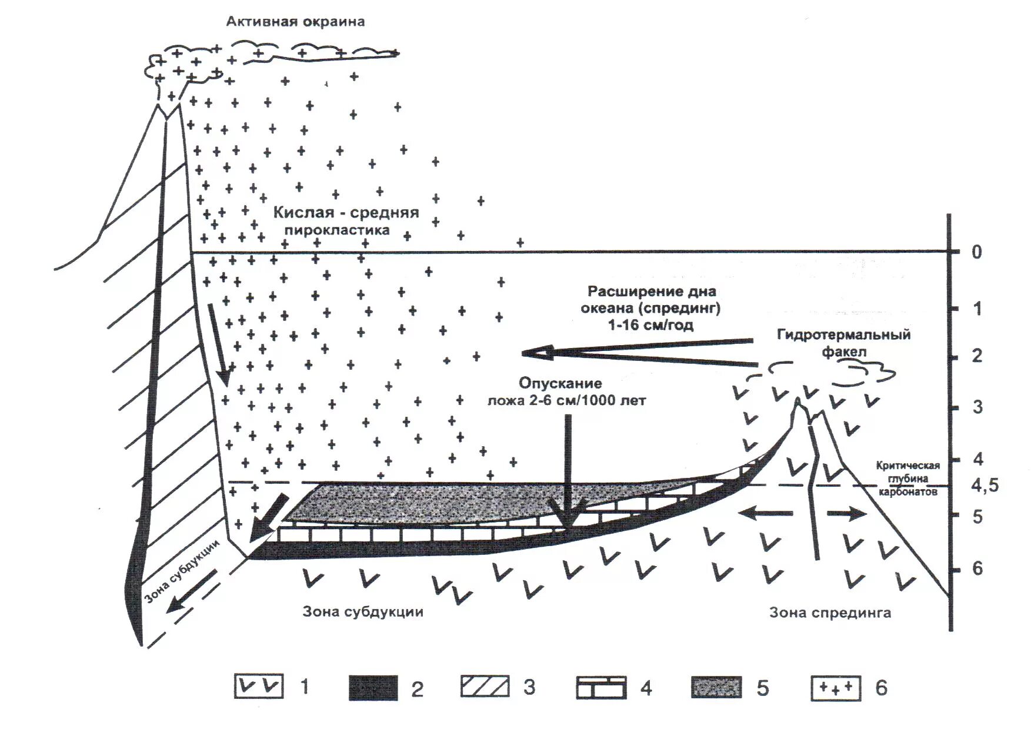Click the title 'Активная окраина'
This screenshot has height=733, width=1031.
click(x=295, y=22)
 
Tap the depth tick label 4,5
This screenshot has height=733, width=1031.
click(x=984, y=486)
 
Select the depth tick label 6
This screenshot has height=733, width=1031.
click(x=977, y=568)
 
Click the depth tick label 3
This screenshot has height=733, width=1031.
click(x=977, y=407)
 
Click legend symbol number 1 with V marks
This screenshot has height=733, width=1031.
click(x=259, y=687)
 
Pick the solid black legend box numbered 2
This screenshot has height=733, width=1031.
click(x=373, y=687)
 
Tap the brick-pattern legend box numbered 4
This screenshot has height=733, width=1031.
click(x=601, y=687)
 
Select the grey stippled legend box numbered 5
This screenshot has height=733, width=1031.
click(x=716, y=687)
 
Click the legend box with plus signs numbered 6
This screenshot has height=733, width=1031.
click(x=836, y=687)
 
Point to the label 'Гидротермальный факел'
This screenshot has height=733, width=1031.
click(x=843, y=343)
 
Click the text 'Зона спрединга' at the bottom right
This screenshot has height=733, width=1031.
click(x=830, y=613)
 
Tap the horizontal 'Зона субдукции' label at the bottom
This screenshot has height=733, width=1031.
click(x=363, y=611)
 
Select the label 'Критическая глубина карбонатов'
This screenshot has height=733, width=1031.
click(x=907, y=478)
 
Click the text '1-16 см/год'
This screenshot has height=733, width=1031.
click(x=651, y=325)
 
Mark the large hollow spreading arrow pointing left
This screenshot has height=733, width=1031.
click(x=635, y=352)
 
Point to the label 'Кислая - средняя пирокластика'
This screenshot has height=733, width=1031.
click(x=346, y=220)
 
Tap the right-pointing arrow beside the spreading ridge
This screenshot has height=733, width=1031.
click(x=848, y=514)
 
